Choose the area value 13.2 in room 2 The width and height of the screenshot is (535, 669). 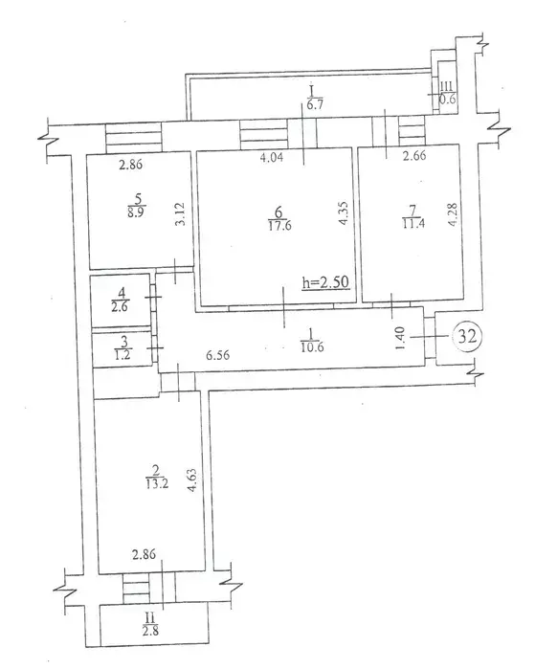click(x=151, y=483)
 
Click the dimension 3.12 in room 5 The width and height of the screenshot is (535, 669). click(x=179, y=213)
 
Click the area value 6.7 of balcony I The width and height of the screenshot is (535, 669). click(x=315, y=104)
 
